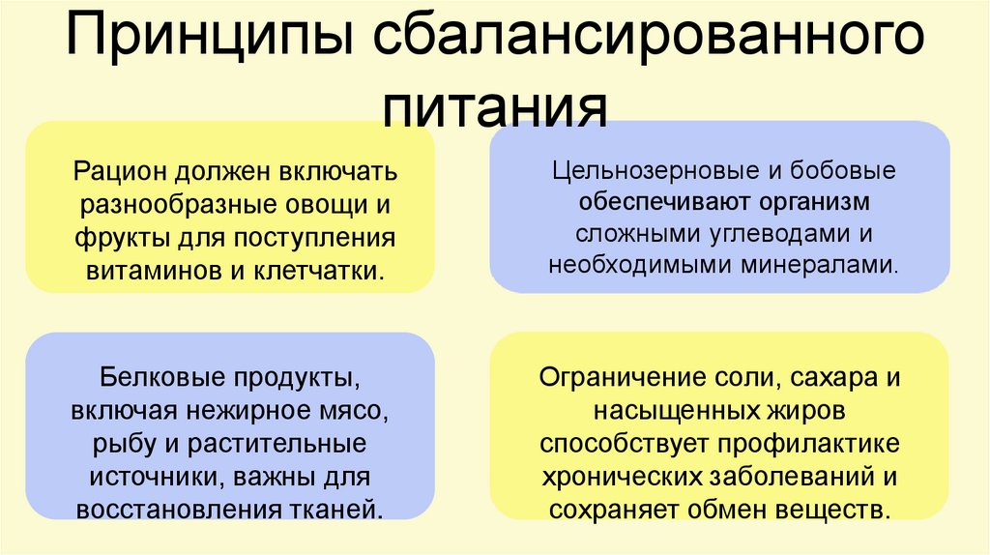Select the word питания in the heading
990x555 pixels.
(495, 104)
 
